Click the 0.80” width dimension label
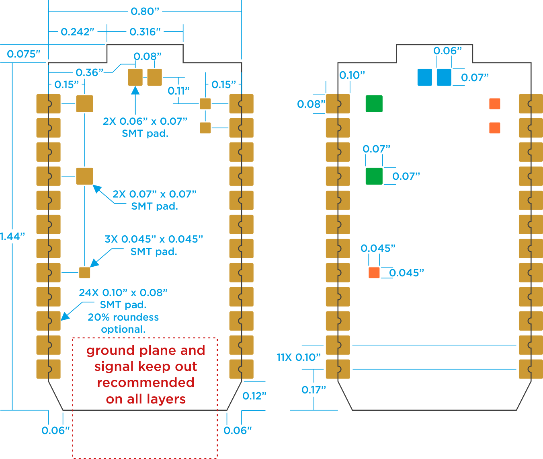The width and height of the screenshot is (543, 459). (x=145, y=11)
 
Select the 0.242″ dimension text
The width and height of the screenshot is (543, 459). (x=77, y=32)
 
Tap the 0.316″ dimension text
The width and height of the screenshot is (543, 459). (x=145, y=32)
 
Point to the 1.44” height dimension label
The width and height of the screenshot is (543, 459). (x=12, y=237)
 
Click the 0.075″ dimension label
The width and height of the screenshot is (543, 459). (x=23, y=54)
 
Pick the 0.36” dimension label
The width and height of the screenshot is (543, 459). (x=90, y=72)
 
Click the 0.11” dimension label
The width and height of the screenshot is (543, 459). (x=179, y=91)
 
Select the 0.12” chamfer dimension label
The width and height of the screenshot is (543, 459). (x=254, y=396)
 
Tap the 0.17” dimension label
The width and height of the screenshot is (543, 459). (x=314, y=390)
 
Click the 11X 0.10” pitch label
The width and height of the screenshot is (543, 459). (x=299, y=358)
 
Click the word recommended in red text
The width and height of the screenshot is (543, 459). (x=145, y=383)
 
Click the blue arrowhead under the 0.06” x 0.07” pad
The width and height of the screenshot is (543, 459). (x=135, y=91)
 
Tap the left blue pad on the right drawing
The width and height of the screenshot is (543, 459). (x=425, y=77)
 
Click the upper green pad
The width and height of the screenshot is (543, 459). (x=374, y=104)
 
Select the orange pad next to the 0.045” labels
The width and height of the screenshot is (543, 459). (x=374, y=273)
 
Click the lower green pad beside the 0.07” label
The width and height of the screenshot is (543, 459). (x=374, y=176)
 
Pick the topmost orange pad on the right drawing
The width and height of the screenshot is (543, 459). (x=495, y=104)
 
